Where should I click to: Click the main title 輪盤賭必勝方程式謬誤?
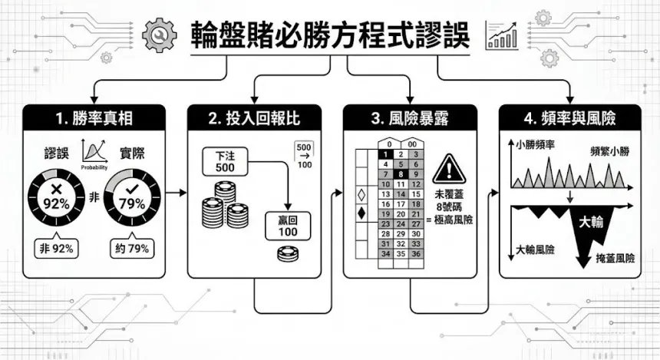click(329, 35)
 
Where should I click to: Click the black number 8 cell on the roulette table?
click(401, 174)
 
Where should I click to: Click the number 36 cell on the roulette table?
click(417, 253)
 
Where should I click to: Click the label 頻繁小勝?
click(609, 151)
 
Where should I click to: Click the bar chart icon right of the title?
click(502, 35)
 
